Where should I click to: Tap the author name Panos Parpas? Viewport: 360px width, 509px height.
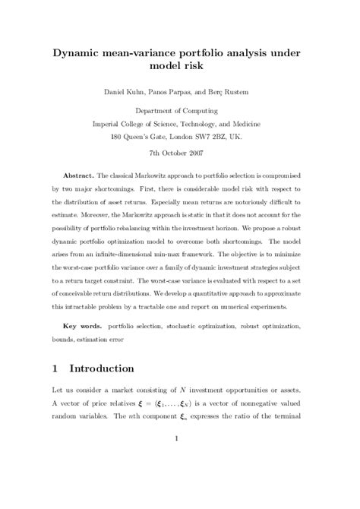pos(171,93)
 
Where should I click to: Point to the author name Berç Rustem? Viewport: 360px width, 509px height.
pos(232,93)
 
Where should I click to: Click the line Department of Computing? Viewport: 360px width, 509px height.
pos(180,111)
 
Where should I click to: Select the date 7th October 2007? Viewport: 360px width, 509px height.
pos(180,153)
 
